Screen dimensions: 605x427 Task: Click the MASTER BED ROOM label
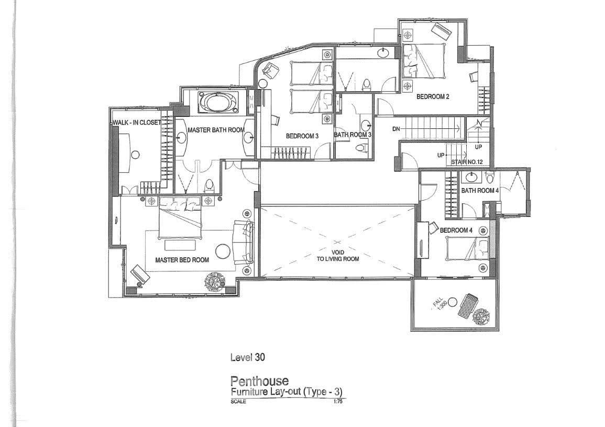[x=182, y=260]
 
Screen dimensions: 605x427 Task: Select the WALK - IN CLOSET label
[x=137, y=123]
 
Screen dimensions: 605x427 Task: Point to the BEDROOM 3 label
[x=302, y=136]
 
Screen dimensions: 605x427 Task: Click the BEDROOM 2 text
[x=433, y=96]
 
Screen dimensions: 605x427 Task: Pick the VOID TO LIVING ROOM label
[x=338, y=256]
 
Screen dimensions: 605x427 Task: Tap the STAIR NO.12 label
[x=467, y=162]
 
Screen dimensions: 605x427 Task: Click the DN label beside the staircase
[x=396, y=129]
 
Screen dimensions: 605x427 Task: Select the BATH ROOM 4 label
[x=480, y=190]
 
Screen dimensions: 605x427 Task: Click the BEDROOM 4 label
[x=456, y=230]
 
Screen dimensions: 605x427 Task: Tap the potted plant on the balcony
[x=481, y=317]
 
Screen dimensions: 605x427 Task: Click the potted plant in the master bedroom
[x=216, y=281]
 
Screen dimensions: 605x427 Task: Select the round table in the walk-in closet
[x=135, y=155]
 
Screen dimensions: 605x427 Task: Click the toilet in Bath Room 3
[x=360, y=148]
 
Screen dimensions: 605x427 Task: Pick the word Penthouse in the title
[x=259, y=381]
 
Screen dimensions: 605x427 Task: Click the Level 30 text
[x=248, y=357]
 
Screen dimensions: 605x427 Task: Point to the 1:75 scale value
[x=337, y=401]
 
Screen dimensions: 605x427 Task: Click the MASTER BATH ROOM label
[x=216, y=130]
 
